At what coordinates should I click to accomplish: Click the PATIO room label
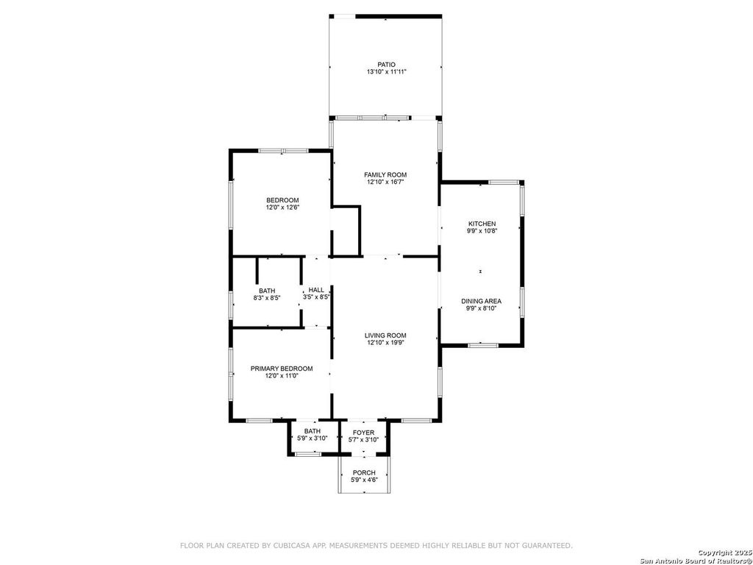coord(386,65)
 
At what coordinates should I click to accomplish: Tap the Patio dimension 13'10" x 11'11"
coord(386,71)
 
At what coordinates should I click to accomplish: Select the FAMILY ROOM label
coord(385,175)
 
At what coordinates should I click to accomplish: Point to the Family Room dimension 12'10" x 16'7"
coord(385,182)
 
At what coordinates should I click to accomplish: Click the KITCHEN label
coord(482,224)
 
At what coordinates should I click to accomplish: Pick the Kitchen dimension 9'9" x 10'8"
coord(482,230)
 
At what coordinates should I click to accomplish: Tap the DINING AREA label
coord(481,301)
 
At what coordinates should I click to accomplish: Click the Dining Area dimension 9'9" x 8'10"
coord(481,308)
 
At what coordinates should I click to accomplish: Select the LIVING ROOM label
coord(385,335)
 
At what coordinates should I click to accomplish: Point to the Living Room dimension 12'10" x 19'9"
coord(385,343)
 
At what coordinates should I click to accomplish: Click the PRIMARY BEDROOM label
coord(282,369)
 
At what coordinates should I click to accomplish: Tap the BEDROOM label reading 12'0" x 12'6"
coord(282,200)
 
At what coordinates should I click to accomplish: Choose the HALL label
coord(316,290)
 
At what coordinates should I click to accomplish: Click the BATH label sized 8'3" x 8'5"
coord(267,291)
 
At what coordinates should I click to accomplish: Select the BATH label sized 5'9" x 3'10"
coord(312,431)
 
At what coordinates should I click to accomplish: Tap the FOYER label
coord(363,433)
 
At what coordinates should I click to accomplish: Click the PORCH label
coord(364,473)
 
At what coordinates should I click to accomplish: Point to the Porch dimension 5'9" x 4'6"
coord(364,480)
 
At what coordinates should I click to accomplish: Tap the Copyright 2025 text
coord(724,553)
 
